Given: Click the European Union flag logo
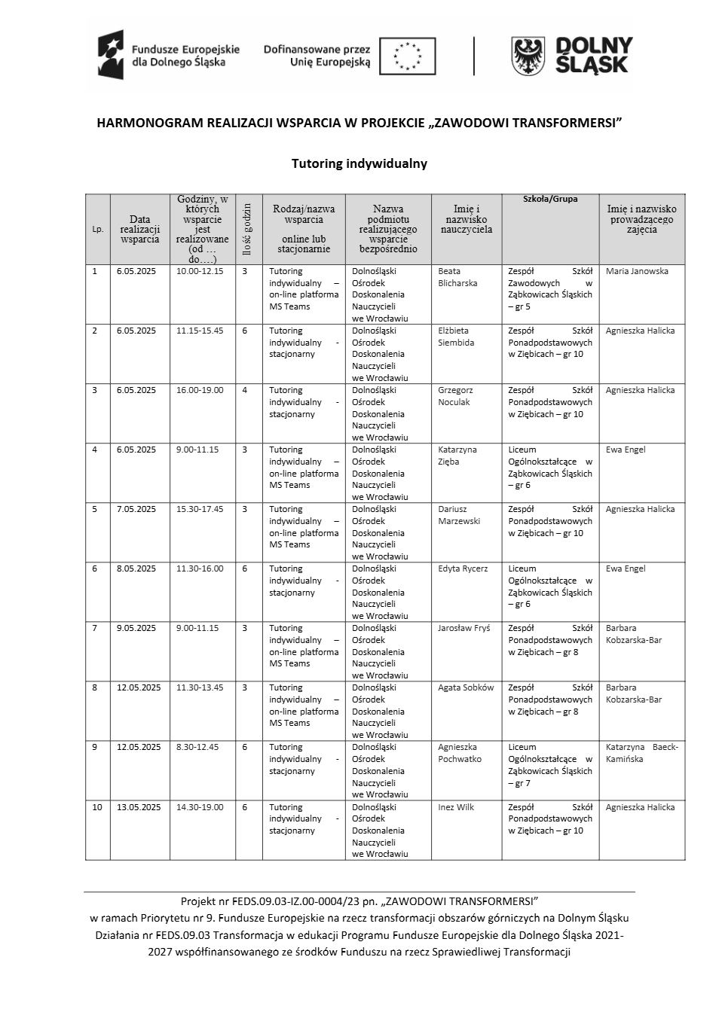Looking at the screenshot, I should point(407,56).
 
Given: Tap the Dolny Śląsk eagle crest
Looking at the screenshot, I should point(528,56).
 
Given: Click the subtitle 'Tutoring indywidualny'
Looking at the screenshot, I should point(359,163).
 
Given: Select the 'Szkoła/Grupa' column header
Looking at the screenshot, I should point(550,199).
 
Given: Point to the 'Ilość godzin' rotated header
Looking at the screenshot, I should point(248,229).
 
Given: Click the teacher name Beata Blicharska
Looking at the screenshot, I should point(457,277).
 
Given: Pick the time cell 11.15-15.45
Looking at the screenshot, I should point(200,331).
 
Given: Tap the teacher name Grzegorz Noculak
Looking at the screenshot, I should point(455,396).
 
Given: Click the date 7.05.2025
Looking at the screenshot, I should point(136,509).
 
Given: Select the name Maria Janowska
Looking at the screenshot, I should point(637,271).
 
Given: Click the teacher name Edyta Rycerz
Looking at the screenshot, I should point(463,568).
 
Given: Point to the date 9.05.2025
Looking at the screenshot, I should point(136,628).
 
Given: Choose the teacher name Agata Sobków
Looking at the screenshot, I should point(466,687).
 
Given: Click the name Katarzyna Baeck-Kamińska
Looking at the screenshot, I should point(641,753).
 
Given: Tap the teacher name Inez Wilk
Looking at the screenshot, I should point(456,807).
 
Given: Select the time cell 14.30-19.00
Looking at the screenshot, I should point(200,807).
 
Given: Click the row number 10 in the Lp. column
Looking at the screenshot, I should point(97,807).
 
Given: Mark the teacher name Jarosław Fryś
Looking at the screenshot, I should point(464,628).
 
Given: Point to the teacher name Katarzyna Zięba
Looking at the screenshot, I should point(457,456).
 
